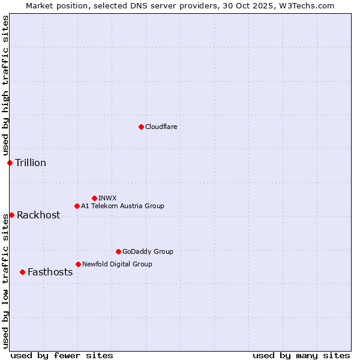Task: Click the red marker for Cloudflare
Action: [x=141, y=127]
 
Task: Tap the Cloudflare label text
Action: [x=161, y=127]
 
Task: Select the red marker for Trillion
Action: [x=10, y=163]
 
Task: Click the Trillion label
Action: [x=31, y=163]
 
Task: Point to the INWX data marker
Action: [x=94, y=198]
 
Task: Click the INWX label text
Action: [x=107, y=198]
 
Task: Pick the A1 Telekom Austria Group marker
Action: [x=77, y=206]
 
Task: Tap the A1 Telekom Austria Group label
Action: [x=122, y=206]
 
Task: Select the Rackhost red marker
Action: [x=11, y=215]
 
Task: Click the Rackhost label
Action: [x=38, y=215]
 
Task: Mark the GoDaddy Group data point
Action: [x=118, y=251]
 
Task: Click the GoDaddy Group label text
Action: [x=148, y=252]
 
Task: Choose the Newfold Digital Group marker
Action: [x=78, y=264]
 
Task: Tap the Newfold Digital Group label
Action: [x=117, y=265]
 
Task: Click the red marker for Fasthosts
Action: [x=22, y=272]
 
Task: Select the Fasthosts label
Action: [x=50, y=272]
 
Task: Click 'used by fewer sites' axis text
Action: [x=62, y=355]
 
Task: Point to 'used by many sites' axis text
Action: [x=301, y=355]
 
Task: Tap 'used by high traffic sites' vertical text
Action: [x=5, y=85]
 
